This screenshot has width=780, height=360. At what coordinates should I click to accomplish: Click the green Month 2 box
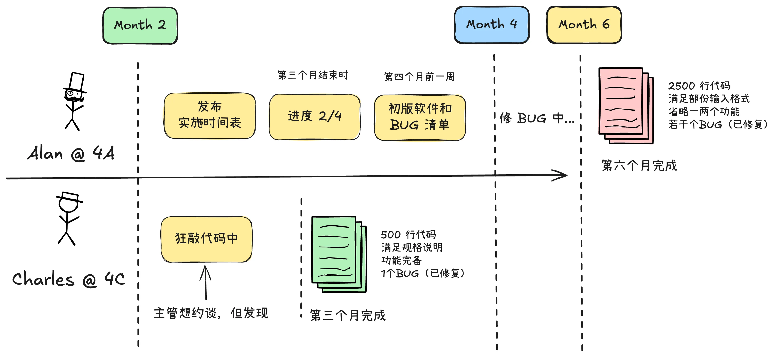click(x=140, y=26)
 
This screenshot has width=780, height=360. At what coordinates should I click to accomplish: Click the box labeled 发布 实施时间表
click(x=209, y=116)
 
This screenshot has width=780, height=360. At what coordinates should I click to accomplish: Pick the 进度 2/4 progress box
click(x=315, y=117)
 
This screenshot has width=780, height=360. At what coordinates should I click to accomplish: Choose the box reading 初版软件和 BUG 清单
click(x=420, y=117)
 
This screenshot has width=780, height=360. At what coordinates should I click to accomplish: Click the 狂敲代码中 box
click(x=206, y=239)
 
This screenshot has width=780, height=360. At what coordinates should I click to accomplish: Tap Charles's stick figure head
click(x=68, y=205)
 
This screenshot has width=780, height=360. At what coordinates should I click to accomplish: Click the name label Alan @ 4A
click(x=71, y=153)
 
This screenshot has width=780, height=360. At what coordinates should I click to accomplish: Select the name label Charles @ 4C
click(x=68, y=279)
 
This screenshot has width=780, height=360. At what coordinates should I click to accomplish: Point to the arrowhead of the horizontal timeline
click(x=563, y=175)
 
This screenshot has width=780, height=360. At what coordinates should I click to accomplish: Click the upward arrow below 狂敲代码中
click(x=205, y=282)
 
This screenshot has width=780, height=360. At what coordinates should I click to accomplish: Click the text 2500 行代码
click(x=699, y=86)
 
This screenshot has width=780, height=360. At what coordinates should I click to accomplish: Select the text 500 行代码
click(x=408, y=235)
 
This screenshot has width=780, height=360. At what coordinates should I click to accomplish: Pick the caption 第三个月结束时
click(x=313, y=75)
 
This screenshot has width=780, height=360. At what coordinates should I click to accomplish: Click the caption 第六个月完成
click(x=639, y=166)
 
